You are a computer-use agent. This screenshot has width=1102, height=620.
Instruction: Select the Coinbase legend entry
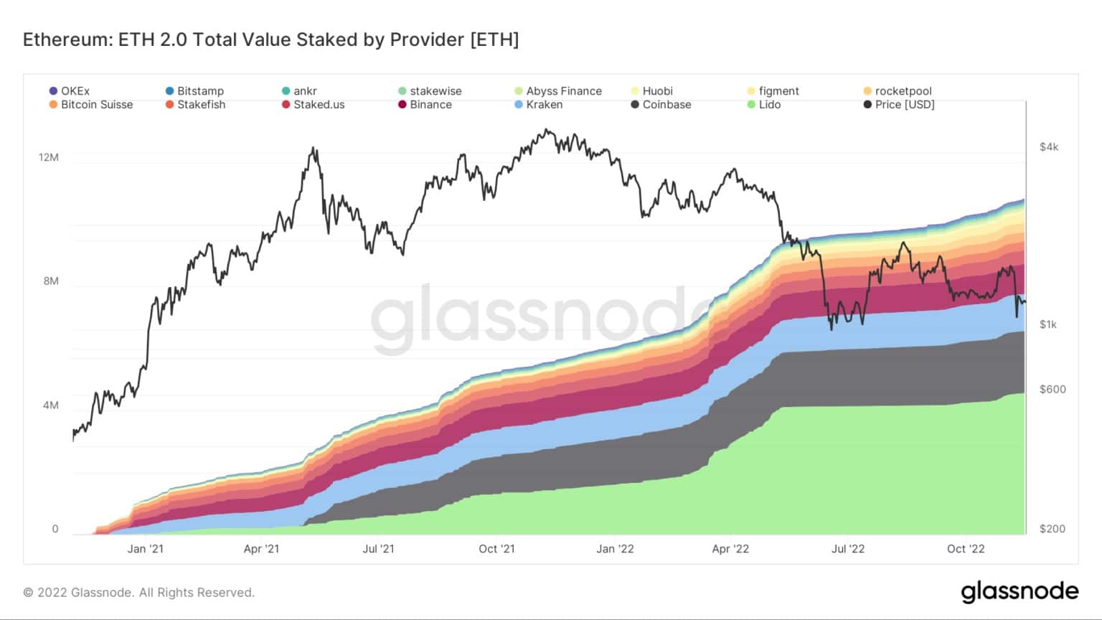click(x=661, y=104)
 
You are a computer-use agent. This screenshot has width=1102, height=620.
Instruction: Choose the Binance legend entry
click(x=425, y=104)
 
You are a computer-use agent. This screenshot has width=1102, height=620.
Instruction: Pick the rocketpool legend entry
click(x=898, y=91)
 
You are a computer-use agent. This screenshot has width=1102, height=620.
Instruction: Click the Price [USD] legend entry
click(x=899, y=104)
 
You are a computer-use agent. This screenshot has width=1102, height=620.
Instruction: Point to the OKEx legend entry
click(x=70, y=91)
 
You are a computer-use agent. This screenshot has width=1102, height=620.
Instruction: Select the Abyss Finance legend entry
click(x=558, y=91)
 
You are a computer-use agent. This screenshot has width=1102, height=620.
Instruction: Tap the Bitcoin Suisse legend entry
click(x=91, y=104)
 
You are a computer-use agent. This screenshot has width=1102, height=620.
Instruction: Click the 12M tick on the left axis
click(x=49, y=157)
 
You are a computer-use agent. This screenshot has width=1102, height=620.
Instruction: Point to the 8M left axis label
click(x=51, y=281)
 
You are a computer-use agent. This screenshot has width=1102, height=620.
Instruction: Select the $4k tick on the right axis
click(x=1049, y=146)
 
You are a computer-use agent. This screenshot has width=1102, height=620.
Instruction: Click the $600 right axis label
click(x=1052, y=389)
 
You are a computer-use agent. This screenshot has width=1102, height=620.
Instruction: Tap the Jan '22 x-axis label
click(x=615, y=549)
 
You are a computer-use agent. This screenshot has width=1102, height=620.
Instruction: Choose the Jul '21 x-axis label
click(x=378, y=549)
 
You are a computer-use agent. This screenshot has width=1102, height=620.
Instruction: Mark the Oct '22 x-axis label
click(x=966, y=549)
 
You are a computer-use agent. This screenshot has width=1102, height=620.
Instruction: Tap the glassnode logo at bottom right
click(x=1019, y=591)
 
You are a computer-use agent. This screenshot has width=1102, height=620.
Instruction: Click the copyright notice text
click(x=138, y=593)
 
